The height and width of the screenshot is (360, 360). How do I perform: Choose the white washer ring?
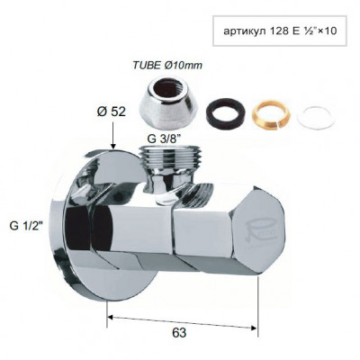(x=310, y=112)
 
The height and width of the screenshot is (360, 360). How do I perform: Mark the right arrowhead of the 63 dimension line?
(x=256, y=316)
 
